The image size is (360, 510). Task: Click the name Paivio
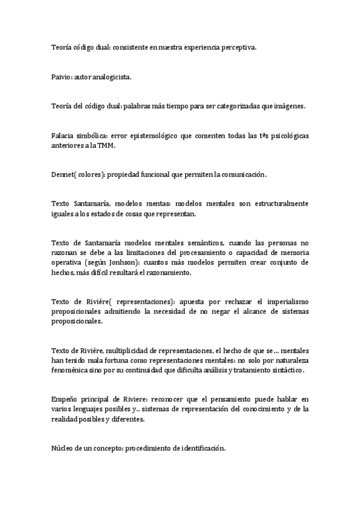click(62, 78)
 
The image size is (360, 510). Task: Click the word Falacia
click(63, 136)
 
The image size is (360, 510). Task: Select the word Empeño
click(65, 399)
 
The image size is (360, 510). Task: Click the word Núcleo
click(63, 448)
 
